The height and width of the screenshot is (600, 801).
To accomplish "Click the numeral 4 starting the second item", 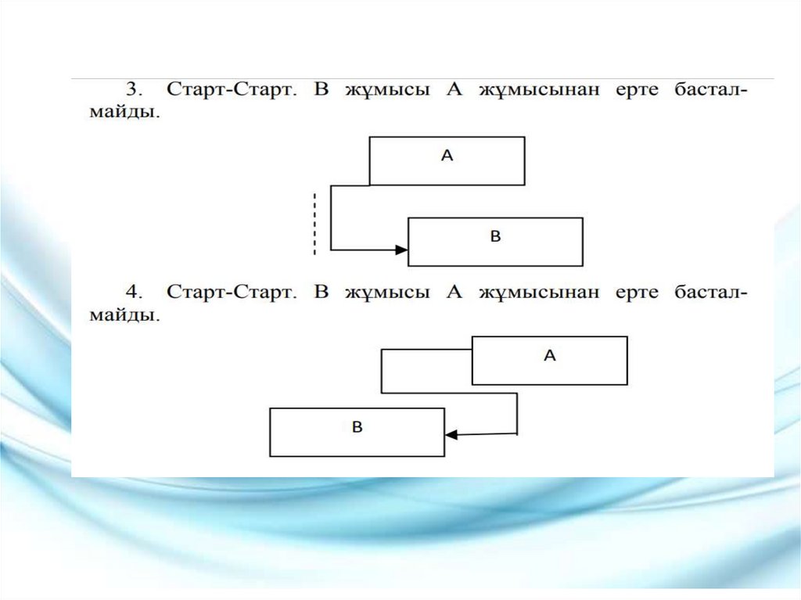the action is coord(131,293).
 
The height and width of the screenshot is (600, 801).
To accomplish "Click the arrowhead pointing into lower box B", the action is coord(451,434).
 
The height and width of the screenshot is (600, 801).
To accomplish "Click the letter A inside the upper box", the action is coord(447,156).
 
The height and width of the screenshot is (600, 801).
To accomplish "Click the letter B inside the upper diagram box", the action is coord(495,236).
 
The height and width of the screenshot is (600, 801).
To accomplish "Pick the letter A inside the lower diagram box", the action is coord(549,356).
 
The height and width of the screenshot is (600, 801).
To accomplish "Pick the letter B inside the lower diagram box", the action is coord(357,427).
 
